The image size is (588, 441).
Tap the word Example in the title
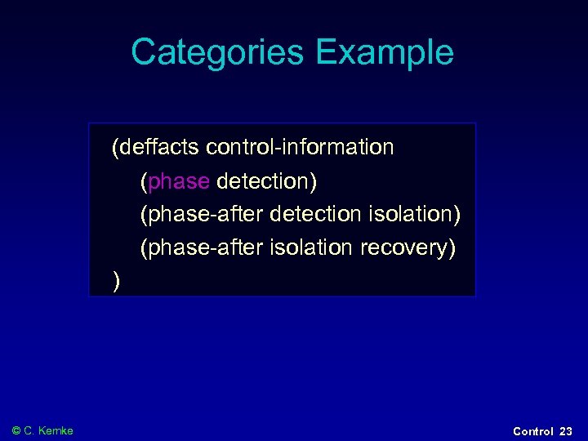click(x=385, y=52)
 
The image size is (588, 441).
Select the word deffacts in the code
click(x=159, y=147)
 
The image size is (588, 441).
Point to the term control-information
click(x=300, y=147)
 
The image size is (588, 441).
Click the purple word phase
click(x=179, y=180)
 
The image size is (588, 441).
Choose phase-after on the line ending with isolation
click(x=202, y=214)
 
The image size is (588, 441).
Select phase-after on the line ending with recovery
click(x=202, y=247)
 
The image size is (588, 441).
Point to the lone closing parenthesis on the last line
click(x=117, y=282)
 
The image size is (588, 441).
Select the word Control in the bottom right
click(x=532, y=431)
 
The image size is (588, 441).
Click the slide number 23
click(x=566, y=431)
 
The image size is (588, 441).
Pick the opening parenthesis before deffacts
click(x=116, y=148)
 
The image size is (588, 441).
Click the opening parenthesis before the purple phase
click(x=144, y=181)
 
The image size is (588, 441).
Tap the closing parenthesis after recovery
click(x=451, y=247)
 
